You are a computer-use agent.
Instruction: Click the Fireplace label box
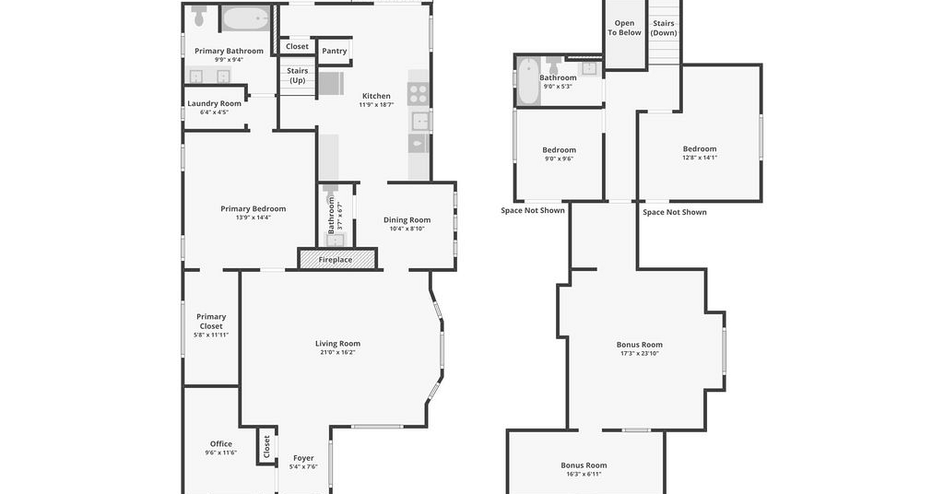337,259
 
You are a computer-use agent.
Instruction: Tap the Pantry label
334,51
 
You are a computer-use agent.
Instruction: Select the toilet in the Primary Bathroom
200,16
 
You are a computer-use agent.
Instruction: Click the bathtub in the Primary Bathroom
246,18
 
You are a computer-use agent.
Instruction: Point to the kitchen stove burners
418,94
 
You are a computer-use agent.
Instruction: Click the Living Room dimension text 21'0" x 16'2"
337,353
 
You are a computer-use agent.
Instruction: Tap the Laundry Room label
214,103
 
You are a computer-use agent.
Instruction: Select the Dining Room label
407,219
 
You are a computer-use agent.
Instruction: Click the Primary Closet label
211,322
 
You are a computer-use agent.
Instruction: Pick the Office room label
221,444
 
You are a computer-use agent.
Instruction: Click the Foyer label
303,458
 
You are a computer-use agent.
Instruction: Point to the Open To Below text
624,28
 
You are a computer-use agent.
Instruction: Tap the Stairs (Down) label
664,29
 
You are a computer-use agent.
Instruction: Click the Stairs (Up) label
298,76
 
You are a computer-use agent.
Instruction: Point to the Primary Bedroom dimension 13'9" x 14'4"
253,218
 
